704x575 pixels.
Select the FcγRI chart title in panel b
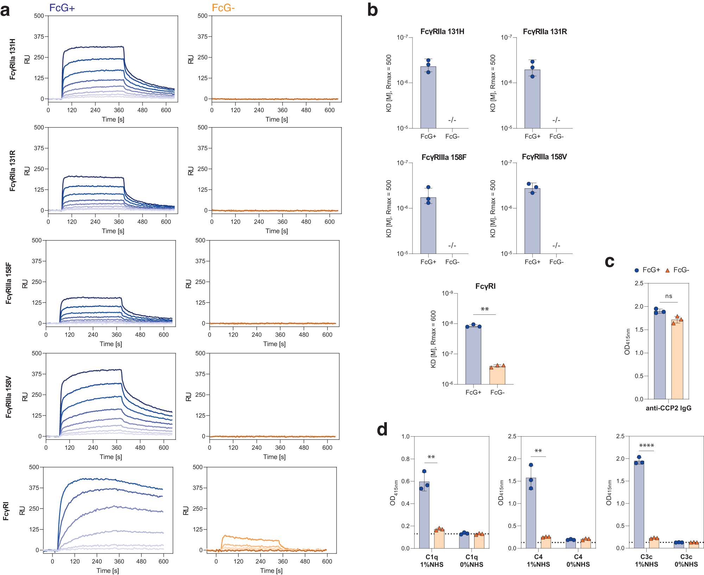tap(485, 286)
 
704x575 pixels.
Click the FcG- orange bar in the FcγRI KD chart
tap(497, 375)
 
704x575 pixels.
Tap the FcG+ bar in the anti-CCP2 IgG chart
tap(660, 356)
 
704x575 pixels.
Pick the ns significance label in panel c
tap(668, 296)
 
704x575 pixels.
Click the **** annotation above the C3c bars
tap(646, 446)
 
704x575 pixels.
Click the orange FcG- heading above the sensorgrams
tap(223, 8)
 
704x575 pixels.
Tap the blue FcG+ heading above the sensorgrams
tap(62, 8)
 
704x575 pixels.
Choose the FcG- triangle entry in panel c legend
tap(677, 270)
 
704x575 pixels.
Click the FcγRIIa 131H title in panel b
tap(442, 32)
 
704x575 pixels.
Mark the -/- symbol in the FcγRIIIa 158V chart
tap(556, 245)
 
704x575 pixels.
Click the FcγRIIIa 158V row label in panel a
tap(8, 397)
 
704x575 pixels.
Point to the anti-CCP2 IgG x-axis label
tap(668, 408)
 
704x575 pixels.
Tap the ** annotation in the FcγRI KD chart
tap(485, 309)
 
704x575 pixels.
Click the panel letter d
tap(382, 430)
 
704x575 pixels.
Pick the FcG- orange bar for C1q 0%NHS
tap(479, 542)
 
